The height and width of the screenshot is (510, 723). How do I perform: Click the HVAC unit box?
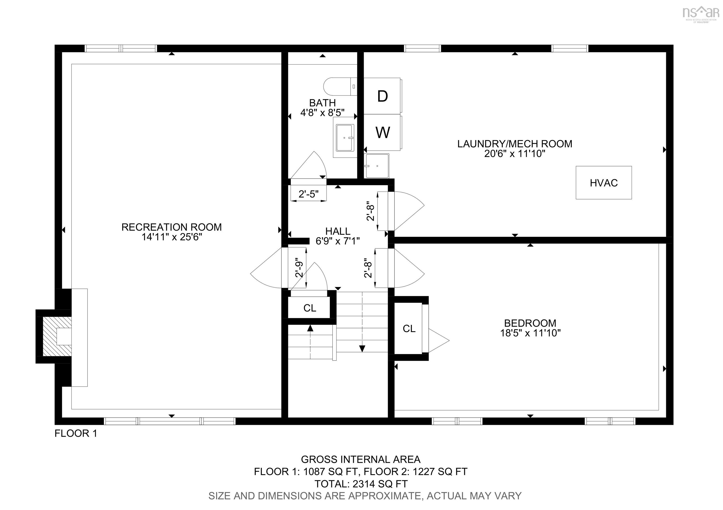coord(603,183)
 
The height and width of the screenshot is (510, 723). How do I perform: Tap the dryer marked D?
coord(382,96)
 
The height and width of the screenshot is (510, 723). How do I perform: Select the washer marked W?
coord(382,132)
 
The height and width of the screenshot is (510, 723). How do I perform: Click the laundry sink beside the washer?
coord(377,166)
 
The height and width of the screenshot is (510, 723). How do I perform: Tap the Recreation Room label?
coord(171,227)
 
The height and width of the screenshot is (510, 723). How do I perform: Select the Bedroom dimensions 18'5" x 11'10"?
coord(530,333)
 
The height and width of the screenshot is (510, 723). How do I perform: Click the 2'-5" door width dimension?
coord(308,194)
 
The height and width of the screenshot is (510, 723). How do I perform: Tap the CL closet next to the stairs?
coord(309,308)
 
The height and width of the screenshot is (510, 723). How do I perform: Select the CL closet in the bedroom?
coord(409,329)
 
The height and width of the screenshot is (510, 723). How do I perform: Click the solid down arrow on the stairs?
coord(362,348)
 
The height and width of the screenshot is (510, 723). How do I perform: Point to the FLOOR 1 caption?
coord(76,433)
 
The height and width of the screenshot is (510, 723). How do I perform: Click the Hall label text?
coord(337,231)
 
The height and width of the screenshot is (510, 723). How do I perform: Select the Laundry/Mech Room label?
coord(514,144)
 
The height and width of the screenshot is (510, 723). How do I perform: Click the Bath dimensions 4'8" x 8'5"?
coord(322,113)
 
